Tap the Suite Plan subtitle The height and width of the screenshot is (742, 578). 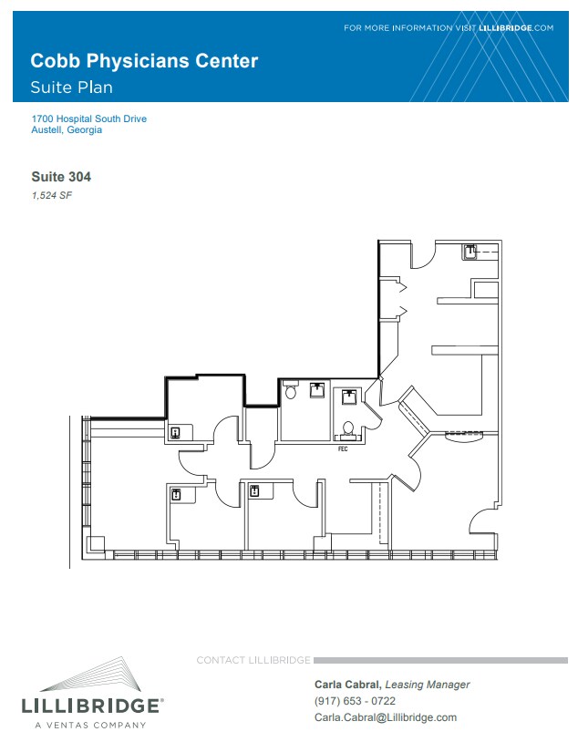coord(71,88)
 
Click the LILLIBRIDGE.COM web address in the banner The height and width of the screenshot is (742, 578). coord(516,28)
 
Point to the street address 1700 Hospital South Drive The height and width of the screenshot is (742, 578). coord(89,119)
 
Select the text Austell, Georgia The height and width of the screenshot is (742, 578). coord(67,129)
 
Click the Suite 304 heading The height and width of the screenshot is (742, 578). coord(61,177)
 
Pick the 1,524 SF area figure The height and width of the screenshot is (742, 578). coord(52,195)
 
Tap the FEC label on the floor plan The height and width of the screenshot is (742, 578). coord(343,448)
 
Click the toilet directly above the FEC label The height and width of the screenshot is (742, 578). coord(348,428)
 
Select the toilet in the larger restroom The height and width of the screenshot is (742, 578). coord(290,391)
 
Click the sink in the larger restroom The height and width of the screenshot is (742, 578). coord(317,390)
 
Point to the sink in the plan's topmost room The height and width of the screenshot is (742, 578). coord(470,252)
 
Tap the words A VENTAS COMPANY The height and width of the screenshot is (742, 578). coord(90,725)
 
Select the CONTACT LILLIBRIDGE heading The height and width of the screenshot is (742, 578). coord(253,660)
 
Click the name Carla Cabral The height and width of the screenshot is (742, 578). coord(347,685)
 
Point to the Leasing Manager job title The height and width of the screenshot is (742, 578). coord(428,685)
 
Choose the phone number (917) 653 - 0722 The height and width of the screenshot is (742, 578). coord(355,701)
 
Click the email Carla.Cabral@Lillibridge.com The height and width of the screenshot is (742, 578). coord(386,717)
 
